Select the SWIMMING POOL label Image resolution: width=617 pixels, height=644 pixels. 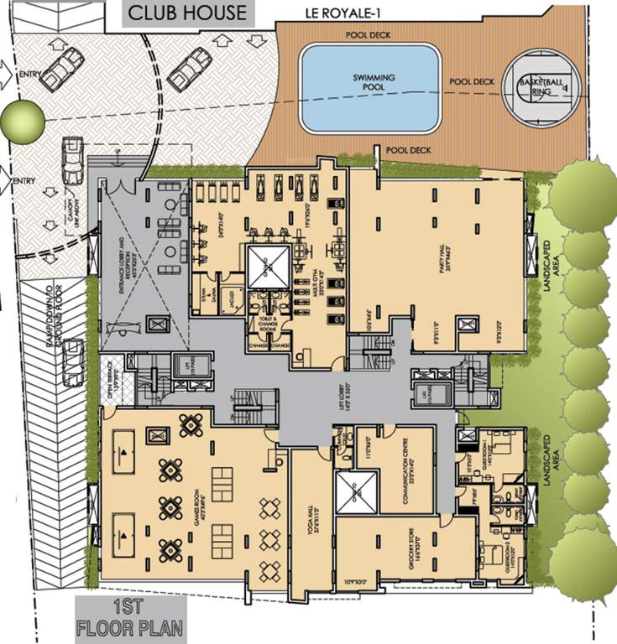tap(372, 80)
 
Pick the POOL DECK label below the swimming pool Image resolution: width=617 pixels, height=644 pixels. tap(407, 150)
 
